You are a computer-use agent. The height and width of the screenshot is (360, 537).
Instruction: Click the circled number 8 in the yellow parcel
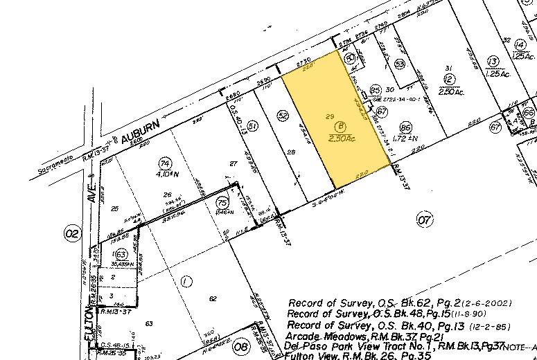tap(340, 127)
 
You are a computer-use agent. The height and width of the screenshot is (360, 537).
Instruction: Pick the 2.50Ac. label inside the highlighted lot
tap(342, 138)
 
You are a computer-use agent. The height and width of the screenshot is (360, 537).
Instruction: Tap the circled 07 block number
tap(425, 220)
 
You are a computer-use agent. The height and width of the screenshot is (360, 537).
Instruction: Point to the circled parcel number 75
tap(222, 201)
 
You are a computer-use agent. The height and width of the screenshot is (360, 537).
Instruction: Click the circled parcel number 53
tap(400, 64)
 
